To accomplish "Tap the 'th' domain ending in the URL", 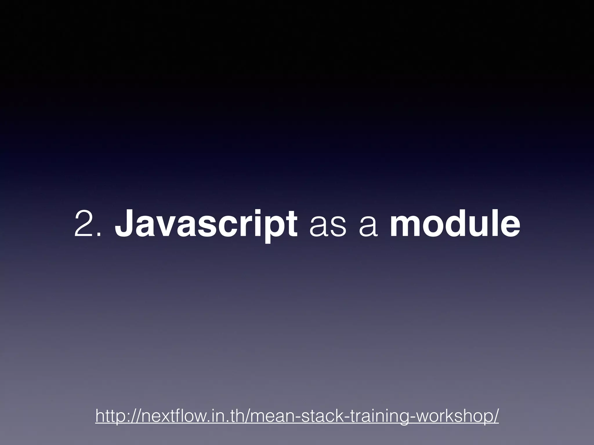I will (239, 416).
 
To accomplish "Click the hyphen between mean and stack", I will (296, 417).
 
